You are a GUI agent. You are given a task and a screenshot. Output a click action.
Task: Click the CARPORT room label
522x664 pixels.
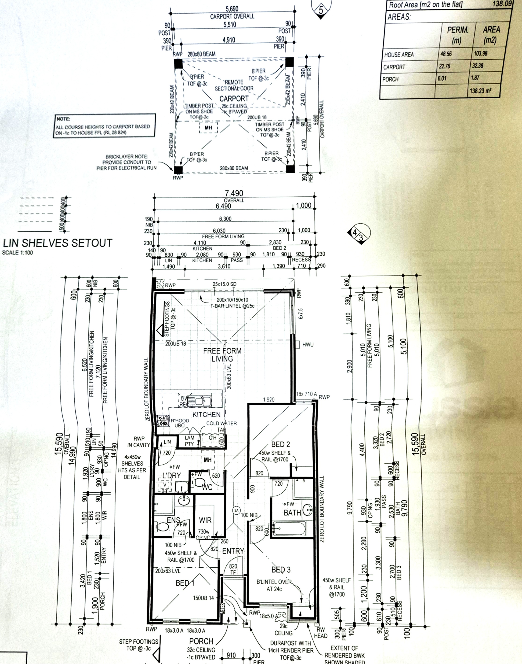pyautogui.click(x=234, y=99)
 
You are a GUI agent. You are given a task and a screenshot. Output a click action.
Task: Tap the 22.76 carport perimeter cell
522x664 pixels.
pyautogui.click(x=445, y=66)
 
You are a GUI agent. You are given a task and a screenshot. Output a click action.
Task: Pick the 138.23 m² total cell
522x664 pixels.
pyautogui.click(x=480, y=91)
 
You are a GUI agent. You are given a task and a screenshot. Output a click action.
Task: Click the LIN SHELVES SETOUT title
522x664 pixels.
pyautogui.click(x=58, y=243)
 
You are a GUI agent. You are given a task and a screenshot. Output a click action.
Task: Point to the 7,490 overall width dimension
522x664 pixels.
pyautogui.click(x=234, y=193)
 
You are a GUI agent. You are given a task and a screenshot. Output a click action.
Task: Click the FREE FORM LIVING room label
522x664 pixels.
pyautogui.click(x=222, y=355)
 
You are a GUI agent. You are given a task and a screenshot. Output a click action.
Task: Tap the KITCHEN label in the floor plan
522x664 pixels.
pyautogui.click(x=206, y=415)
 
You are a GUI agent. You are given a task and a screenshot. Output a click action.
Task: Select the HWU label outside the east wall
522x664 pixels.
pyautogui.click(x=308, y=345)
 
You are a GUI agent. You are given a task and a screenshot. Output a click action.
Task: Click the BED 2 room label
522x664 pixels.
pyautogui.click(x=281, y=444)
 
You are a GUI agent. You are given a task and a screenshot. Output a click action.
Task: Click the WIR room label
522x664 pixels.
pyautogui.click(x=205, y=520)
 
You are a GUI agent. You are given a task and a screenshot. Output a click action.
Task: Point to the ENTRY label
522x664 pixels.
pyautogui.click(x=233, y=551)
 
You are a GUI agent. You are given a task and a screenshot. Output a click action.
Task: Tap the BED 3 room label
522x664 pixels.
pyautogui.click(x=281, y=570)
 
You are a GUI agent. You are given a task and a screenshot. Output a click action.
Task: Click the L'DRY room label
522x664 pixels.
pyautogui.click(x=171, y=476)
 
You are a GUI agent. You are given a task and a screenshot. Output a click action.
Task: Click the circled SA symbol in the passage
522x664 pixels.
pyautogui.click(x=236, y=510)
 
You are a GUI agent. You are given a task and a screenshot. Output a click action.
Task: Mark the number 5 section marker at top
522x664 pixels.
pyautogui.click(x=321, y=10)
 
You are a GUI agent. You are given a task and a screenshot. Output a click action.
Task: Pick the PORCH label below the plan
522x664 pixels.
pyautogui.click(x=201, y=641)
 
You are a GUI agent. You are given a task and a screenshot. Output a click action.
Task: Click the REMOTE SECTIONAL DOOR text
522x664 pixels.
pyautogui.click(x=234, y=85)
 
